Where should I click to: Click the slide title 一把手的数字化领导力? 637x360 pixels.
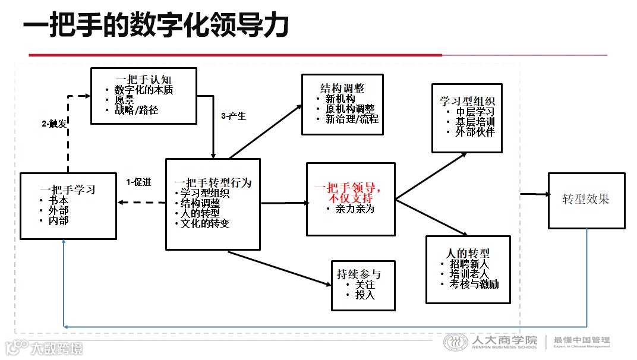(156, 27)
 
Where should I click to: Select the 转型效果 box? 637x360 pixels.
(586, 200)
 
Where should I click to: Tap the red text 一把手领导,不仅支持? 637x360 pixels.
(351, 192)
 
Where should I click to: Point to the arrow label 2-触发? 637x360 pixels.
(54, 124)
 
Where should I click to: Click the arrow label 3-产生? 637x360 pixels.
(233, 116)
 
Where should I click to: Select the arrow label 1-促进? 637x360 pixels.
(139, 182)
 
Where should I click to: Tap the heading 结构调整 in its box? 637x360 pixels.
(342, 89)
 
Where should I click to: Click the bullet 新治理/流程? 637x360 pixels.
(352, 118)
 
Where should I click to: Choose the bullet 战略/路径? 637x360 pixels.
(136, 110)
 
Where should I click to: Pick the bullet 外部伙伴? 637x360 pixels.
(475, 132)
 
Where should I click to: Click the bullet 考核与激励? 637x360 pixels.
(474, 284)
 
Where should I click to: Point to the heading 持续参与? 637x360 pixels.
(359, 274)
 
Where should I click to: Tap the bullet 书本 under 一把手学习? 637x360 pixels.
(59, 201)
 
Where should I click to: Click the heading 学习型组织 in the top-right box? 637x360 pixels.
(467, 101)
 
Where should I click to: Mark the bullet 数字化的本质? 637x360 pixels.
(144, 90)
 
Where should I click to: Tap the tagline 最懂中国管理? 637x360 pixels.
(582, 340)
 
